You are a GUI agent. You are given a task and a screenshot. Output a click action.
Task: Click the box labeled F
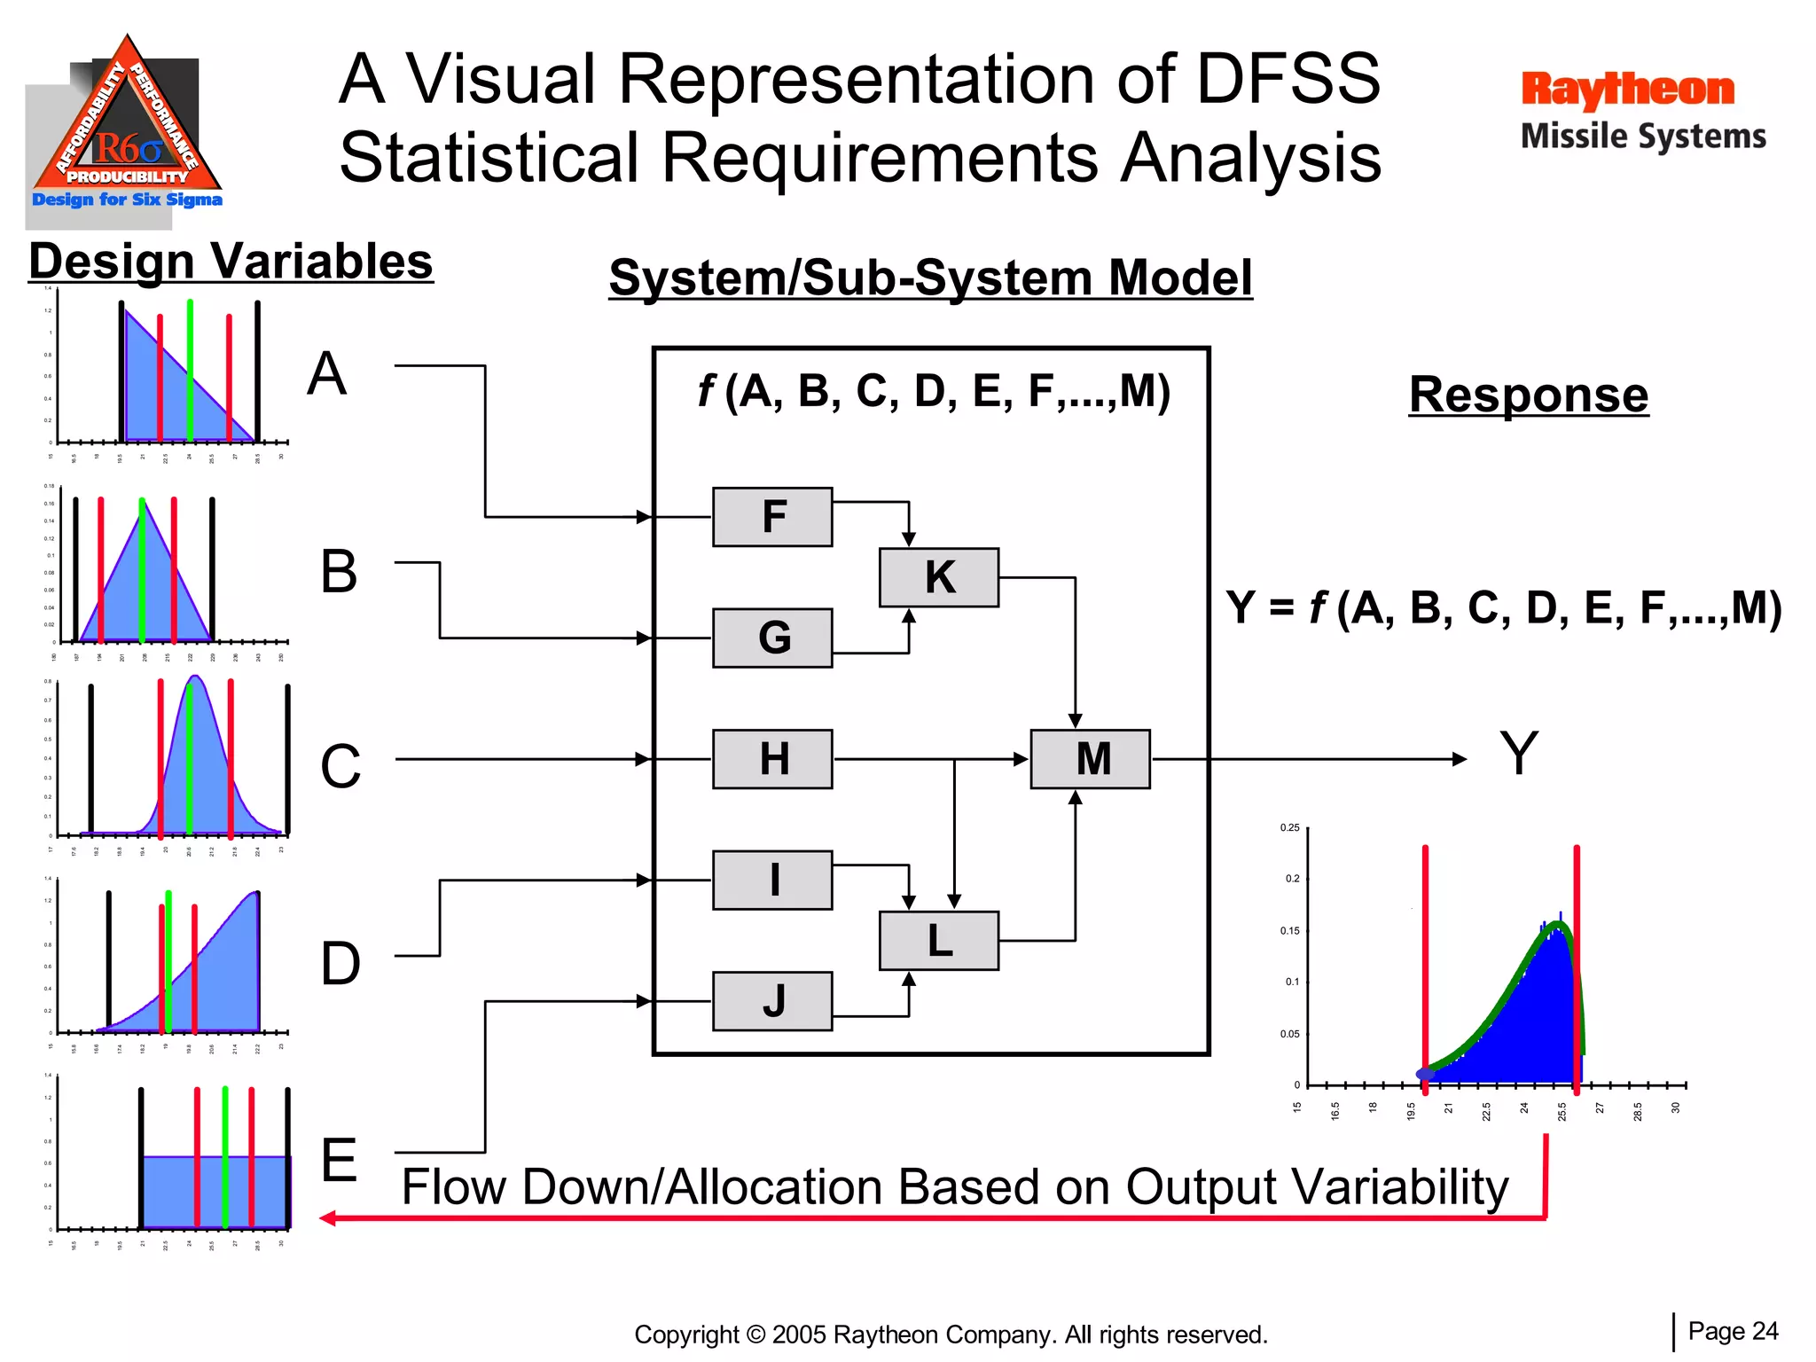tap(772, 517)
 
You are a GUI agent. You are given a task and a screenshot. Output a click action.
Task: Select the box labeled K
tap(939, 577)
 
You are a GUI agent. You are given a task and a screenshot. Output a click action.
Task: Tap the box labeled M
tap(1091, 759)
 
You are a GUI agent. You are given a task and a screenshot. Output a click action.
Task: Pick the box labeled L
tap(939, 941)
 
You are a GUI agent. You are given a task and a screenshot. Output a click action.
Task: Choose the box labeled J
tap(772, 1001)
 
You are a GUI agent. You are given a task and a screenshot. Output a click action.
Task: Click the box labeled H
tap(772, 759)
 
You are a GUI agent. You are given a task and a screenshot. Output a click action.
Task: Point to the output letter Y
tap(1518, 754)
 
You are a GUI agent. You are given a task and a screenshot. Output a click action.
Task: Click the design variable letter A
tap(326, 373)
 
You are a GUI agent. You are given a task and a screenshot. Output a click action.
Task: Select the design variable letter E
tap(339, 1160)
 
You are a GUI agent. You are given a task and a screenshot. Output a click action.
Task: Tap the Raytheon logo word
tap(1627, 90)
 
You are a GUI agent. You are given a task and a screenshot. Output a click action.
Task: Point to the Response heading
tap(1528, 395)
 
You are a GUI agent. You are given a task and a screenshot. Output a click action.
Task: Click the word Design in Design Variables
tap(112, 262)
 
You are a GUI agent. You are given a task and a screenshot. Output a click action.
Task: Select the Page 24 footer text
tap(1733, 1331)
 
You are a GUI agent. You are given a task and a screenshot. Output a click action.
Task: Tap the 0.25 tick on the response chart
tap(1289, 828)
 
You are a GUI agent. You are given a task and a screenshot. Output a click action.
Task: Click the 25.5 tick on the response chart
tap(1562, 1111)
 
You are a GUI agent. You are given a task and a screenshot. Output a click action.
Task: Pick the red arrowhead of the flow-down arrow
tap(327, 1218)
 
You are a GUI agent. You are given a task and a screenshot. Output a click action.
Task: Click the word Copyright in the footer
tap(685, 1335)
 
